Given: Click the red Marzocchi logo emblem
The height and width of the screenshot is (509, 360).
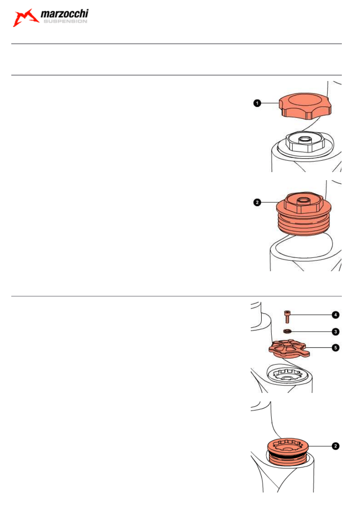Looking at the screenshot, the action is (x=25, y=18).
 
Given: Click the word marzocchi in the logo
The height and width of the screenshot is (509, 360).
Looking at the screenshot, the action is (x=65, y=14).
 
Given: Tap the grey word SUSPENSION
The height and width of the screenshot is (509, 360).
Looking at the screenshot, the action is (x=65, y=21).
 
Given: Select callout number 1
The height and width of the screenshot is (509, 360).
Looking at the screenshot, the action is (x=257, y=103).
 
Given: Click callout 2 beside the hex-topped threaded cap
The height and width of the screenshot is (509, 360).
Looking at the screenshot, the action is (x=257, y=202).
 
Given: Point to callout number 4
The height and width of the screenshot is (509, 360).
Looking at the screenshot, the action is (x=335, y=315).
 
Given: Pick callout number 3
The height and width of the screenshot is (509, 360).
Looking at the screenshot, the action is (x=335, y=332).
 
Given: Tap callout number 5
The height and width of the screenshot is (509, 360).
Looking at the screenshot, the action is (x=335, y=347).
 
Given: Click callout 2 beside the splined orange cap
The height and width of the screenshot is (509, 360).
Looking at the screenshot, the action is (x=335, y=446).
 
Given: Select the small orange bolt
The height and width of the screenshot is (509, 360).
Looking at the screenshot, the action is (x=287, y=317).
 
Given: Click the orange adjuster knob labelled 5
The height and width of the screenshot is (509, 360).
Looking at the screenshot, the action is (x=289, y=349).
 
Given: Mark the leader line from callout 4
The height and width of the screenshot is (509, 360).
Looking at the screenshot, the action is (x=311, y=315).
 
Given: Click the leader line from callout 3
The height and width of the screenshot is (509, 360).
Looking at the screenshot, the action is (x=312, y=332).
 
